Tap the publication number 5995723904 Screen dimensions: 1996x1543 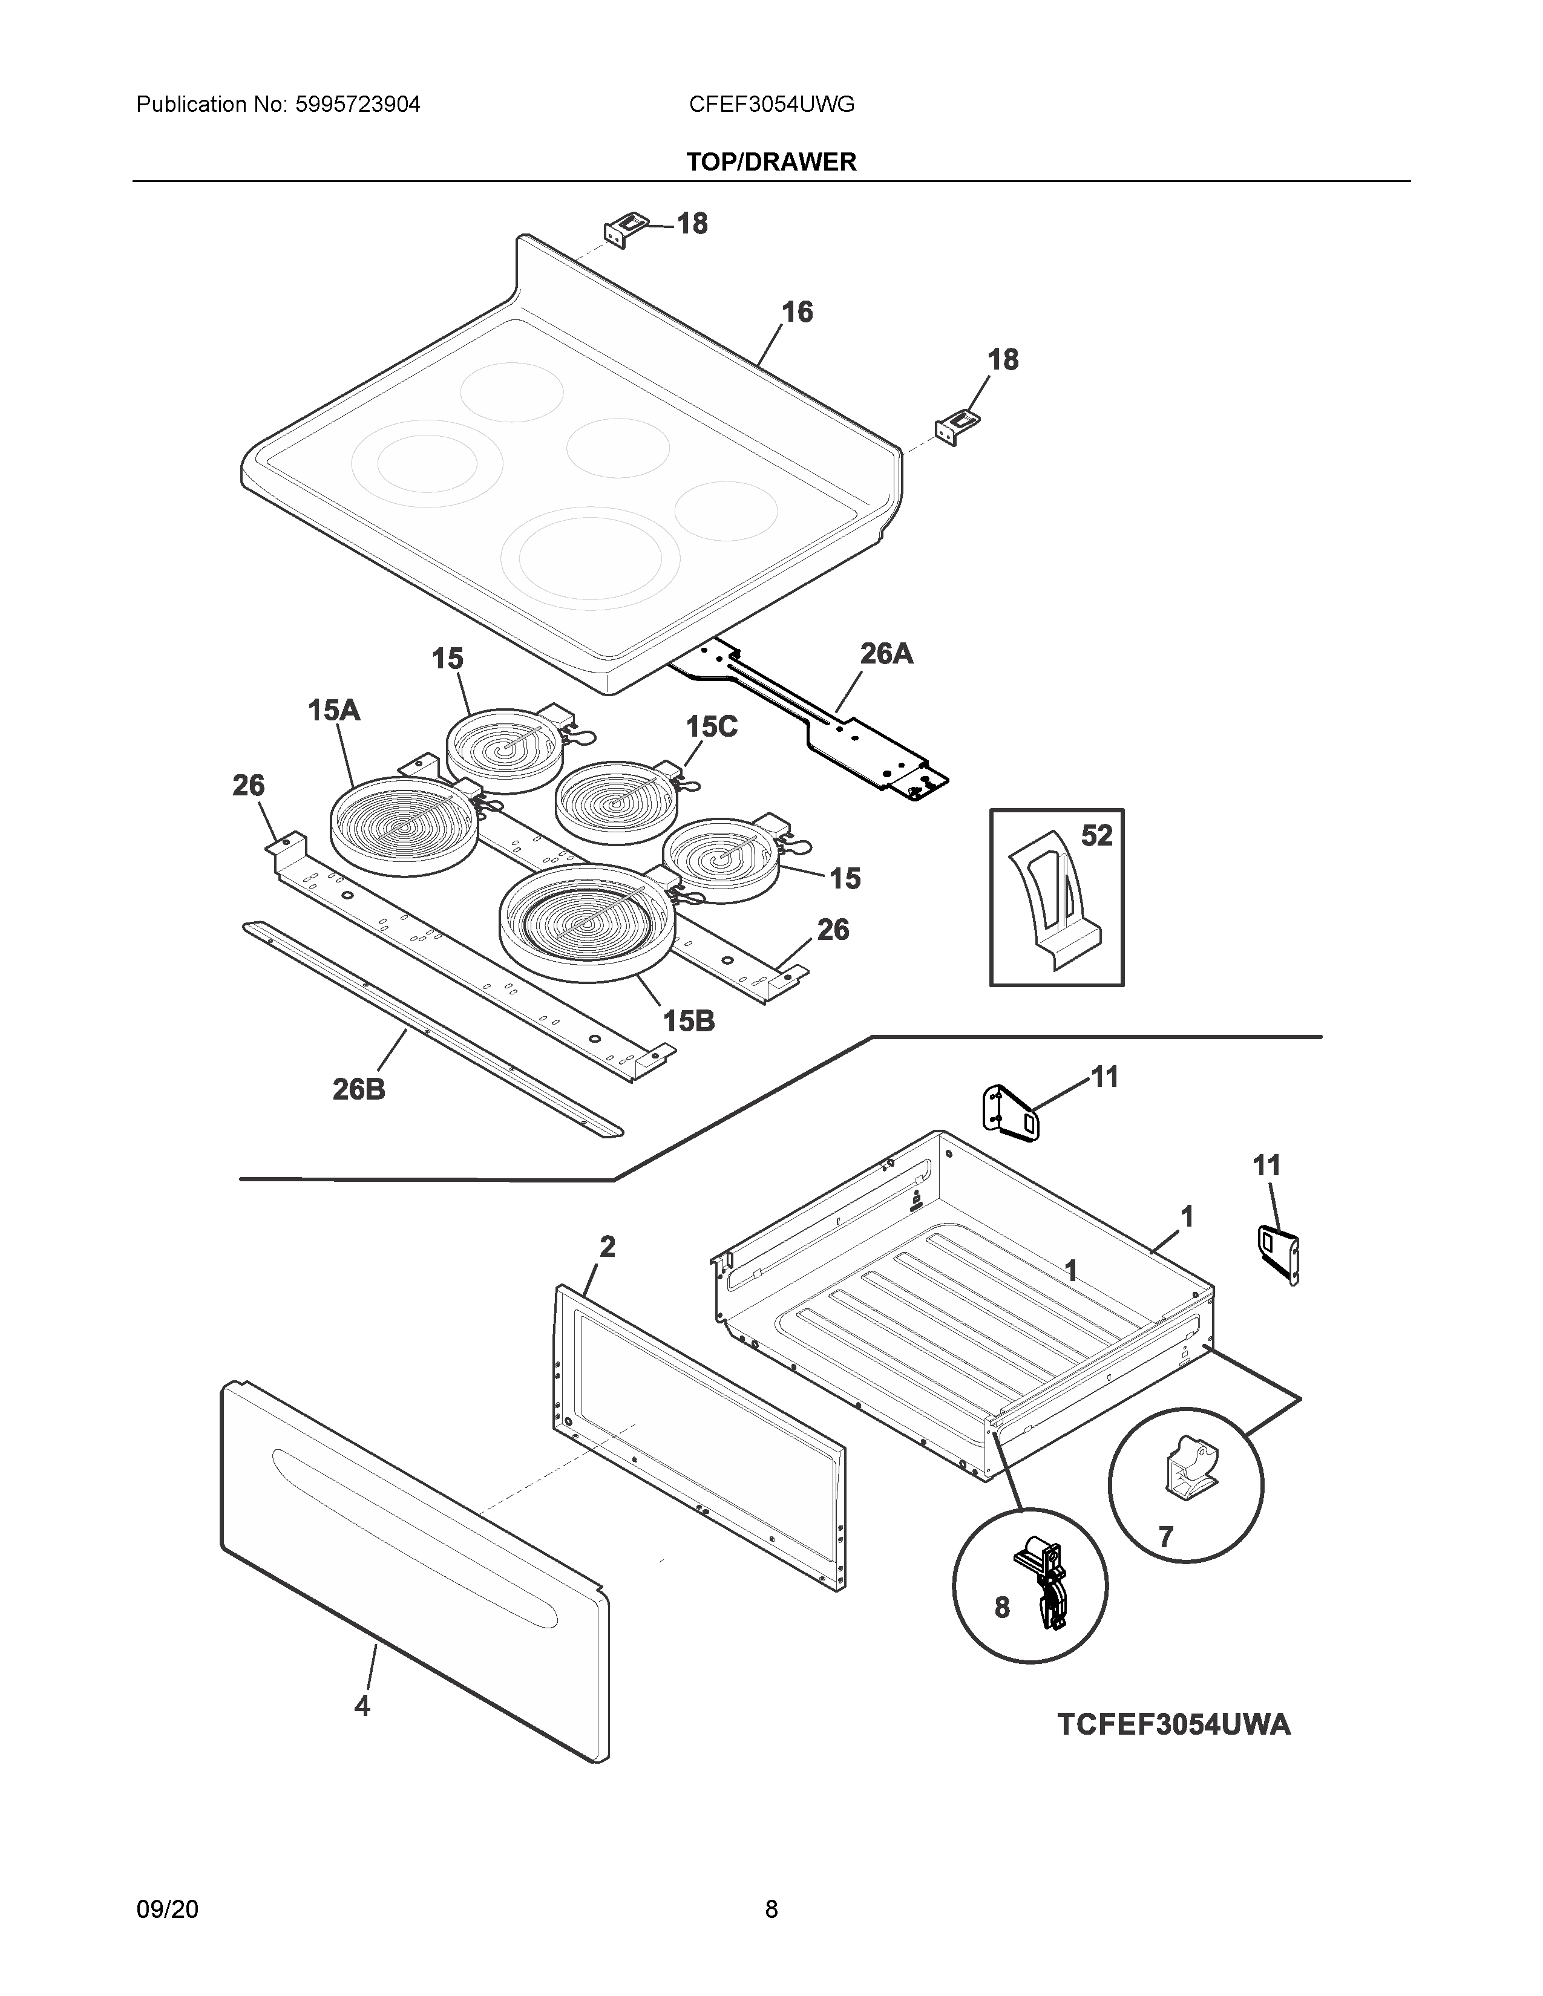tap(358, 104)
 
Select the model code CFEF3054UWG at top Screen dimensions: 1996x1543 tap(771, 104)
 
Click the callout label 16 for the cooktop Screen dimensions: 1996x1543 tap(796, 313)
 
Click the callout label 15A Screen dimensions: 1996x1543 tap(333, 710)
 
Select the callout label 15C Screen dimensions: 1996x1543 tap(711, 726)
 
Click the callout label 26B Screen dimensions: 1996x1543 tap(358, 1089)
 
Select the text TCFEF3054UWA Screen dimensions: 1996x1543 tap(1174, 1724)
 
